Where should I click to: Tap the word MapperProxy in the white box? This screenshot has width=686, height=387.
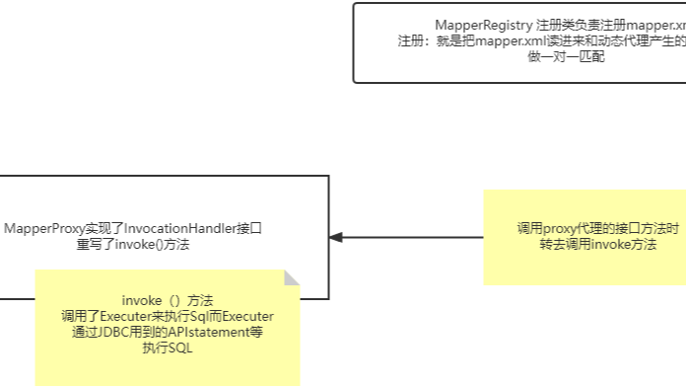point(42,229)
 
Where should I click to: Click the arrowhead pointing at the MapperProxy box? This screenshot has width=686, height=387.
point(336,237)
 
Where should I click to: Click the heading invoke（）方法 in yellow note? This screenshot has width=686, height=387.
point(168,300)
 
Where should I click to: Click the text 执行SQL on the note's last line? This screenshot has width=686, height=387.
point(168,348)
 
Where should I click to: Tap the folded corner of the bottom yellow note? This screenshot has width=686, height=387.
point(292,278)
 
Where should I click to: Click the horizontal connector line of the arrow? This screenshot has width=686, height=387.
point(414,237)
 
